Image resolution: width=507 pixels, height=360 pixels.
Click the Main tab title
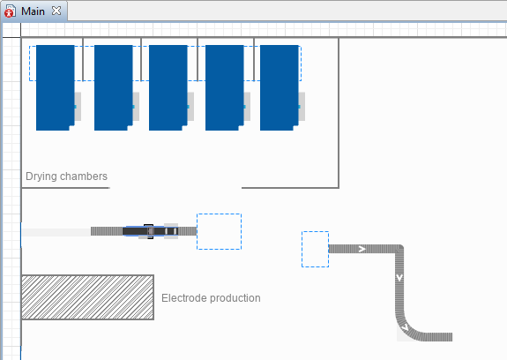(x=33, y=11)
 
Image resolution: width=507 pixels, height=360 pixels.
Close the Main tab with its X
(x=56, y=11)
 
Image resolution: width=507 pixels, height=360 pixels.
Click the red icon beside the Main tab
(x=10, y=12)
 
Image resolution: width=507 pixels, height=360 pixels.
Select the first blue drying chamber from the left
(x=56, y=87)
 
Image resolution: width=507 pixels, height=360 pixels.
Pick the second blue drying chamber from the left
(x=114, y=87)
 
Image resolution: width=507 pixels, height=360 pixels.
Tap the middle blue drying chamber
(x=168, y=87)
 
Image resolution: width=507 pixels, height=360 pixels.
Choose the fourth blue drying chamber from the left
(x=224, y=87)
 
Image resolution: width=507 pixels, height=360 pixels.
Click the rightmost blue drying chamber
(x=280, y=87)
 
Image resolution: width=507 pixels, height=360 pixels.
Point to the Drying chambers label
(x=66, y=176)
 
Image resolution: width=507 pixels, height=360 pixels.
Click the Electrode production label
(x=211, y=298)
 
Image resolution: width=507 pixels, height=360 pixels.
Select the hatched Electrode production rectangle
(x=87, y=297)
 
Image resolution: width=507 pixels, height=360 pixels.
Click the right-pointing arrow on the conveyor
(x=362, y=249)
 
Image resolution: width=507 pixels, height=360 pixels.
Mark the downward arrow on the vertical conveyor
(x=399, y=278)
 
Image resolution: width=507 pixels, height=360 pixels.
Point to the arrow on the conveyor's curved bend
(x=405, y=328)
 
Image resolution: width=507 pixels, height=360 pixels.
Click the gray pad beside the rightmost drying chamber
(x=302, y=107)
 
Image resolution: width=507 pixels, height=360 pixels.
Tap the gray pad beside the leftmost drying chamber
(x=78, y=107)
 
